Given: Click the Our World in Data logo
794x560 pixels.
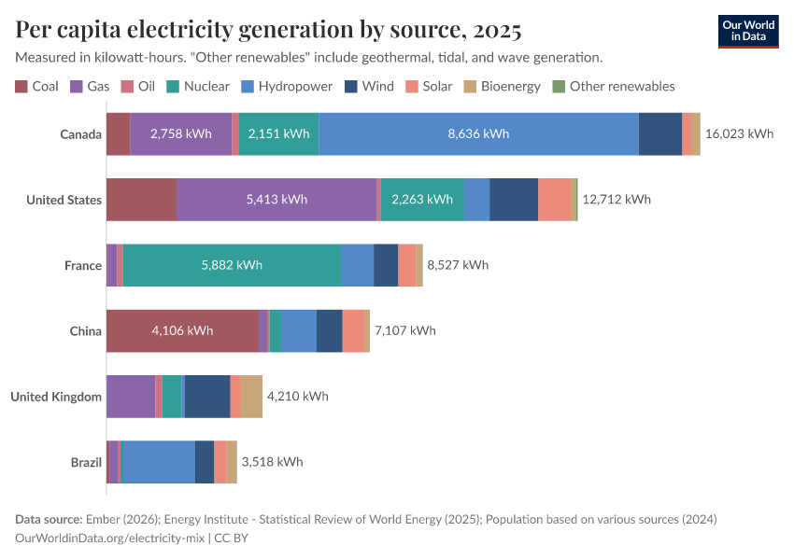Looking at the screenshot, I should (747, 31).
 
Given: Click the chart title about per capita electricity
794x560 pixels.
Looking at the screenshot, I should (268, 30).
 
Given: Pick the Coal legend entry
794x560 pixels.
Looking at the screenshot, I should (37, 87).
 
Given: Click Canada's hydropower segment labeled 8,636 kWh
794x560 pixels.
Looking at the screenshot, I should (478, 133).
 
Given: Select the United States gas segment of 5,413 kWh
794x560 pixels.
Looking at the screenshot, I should (276, 199).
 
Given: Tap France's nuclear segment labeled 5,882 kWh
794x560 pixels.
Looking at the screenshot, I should (232, 265).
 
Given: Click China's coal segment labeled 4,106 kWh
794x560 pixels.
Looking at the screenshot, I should (182, 330).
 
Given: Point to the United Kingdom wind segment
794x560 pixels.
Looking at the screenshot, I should (207, 396).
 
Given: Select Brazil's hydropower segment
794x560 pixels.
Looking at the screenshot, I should (158, 461).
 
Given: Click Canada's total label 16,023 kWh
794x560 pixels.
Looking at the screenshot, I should (739, 133).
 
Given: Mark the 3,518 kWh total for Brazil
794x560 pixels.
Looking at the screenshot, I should (272, 461).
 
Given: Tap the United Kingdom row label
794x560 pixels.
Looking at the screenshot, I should (56, 396).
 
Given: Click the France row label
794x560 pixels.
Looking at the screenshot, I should (82, 265).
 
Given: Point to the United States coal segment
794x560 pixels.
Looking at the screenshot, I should (141, 199).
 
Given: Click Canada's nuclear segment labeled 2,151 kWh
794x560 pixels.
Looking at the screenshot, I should (278, 133).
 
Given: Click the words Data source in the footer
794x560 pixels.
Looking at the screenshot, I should (48, 519).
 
